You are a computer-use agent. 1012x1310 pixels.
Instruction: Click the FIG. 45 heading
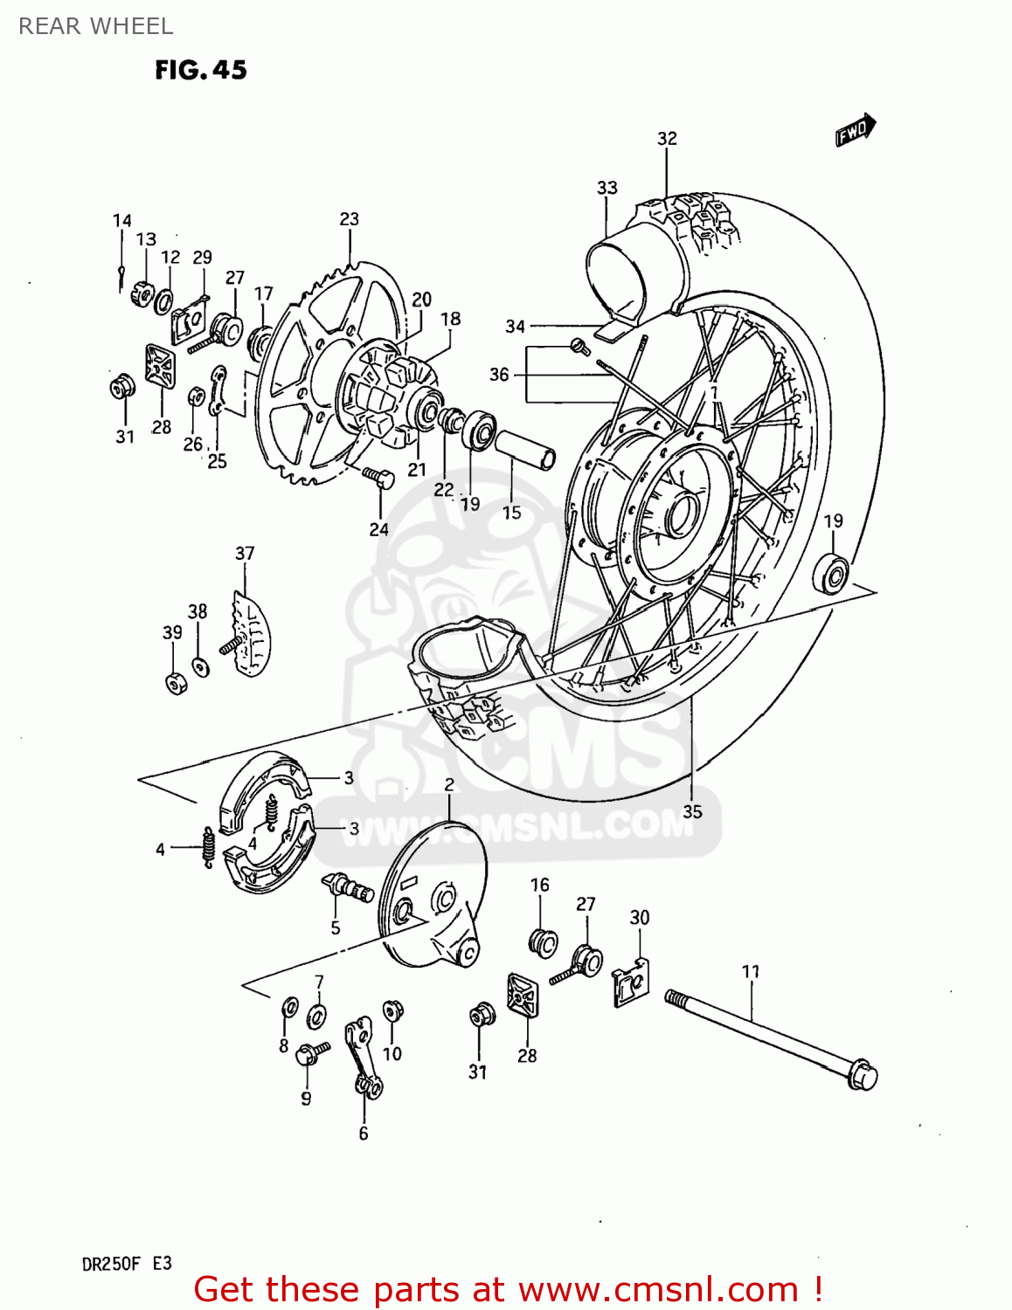[x=201, y=70]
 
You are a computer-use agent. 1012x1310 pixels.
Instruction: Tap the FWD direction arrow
[x=855, y=130]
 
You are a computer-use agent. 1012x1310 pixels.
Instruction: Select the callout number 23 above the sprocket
[x=349, y=218]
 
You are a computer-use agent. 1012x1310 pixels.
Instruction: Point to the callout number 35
[x=692, y=811]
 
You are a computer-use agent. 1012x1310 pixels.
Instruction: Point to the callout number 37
[x=245, y=553]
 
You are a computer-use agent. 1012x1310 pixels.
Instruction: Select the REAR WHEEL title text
[x=96, y=26]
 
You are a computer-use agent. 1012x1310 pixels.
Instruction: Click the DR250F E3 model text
[x=127, y=1264]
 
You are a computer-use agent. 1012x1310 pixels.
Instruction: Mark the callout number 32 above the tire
[x=667, y=138]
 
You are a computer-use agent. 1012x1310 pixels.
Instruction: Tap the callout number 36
[x=498, y=374]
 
